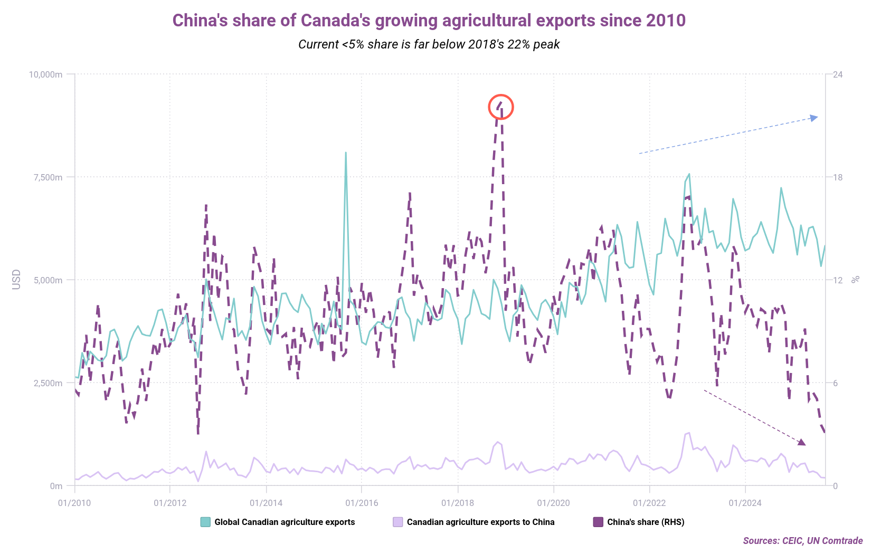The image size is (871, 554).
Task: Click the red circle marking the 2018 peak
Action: (500, 107)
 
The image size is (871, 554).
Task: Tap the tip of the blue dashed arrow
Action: (817, 117)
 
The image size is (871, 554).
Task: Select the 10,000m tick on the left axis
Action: (46, 74)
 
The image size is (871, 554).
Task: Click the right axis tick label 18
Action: (838, 177)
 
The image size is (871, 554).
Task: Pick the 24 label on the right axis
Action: (838, 74)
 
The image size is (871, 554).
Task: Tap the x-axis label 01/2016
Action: (362, 503)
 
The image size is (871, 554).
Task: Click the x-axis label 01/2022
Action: (649, 503)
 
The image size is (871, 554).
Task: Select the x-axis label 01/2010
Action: (74, 503)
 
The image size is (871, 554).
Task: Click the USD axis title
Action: (16, 280)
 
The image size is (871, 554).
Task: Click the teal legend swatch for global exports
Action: (205, 522)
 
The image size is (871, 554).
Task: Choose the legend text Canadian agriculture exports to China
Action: (480, 522)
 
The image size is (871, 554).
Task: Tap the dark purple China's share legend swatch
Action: (598, 522)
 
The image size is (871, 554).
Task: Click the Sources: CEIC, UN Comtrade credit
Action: (802, 540)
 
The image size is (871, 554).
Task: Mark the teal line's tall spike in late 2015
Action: (346, 154)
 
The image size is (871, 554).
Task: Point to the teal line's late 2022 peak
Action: (689, 174)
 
